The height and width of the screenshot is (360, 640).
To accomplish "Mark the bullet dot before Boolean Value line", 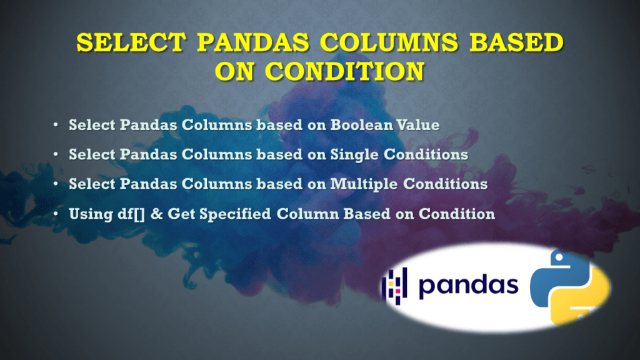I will click(x=56, y=125).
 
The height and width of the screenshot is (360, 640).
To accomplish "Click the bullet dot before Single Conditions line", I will click(x=56, y=154).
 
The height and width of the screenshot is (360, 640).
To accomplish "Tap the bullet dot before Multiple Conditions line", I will click(x=56, y=184).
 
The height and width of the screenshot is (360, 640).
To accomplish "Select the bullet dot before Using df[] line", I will click(x=56, y=214).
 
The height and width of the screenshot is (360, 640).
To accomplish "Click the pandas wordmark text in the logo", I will click(x=469, y=286).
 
